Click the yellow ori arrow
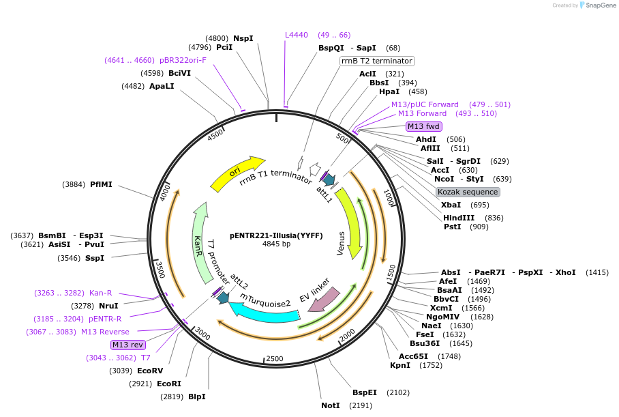pos(235,174)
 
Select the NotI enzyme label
pos(331,405)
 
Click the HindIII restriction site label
pos(459,218)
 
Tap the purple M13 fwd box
pos(423,126)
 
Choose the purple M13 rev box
pos(128,345)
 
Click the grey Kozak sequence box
pos(468,192)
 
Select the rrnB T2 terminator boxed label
pos(377,61)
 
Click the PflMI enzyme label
pos(101,184)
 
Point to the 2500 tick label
pos(275,358)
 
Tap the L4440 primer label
pos(297,35)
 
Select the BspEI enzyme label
pos(365,392)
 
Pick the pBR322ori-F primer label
pos(183,60)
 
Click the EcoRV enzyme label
pos(150,371)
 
